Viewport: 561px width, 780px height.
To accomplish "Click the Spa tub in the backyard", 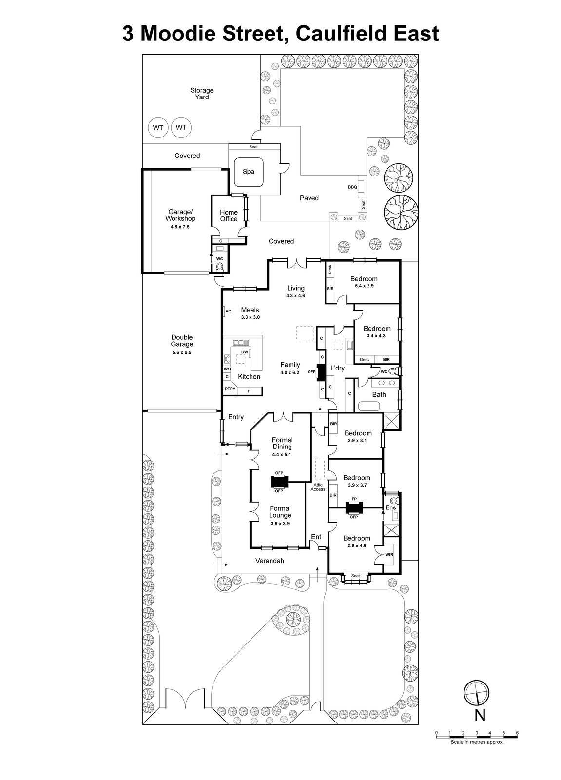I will pyautogui.click(x=249, y=172).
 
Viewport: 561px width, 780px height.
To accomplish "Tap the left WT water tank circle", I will pyautogui.click(x=157, y=128).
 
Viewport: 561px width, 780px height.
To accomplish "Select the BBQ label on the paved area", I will pyautogui.click(x=352, y=187).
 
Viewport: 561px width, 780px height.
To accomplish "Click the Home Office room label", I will pyautogui.click(x=229, y=215).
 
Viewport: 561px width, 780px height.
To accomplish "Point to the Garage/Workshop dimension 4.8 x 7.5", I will pyautogui.click(x=180, y=227).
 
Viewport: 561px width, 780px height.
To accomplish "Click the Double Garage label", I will pyautogui.click(x=182, y=341).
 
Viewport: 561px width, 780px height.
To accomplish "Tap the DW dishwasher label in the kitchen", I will pyautogui.click(x=245, y=352).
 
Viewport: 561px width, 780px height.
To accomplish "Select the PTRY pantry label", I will pyautogui.click(x=230, y=389).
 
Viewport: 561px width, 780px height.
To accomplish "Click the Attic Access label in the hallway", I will pyautogui.click(x=318, y=487).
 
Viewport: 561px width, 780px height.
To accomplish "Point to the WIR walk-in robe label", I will pyautogui.click(x=388, y=555).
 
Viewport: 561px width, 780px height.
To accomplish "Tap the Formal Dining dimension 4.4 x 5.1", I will pyautogui.click(x=282, y=454).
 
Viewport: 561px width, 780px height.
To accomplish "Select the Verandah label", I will pyautogui.click(x=270, y=561).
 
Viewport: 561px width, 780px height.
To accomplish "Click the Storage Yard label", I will pyautogui.click(x=202, y=94).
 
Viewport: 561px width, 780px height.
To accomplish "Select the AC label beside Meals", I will pyautogui.click(x=228, y=311).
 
